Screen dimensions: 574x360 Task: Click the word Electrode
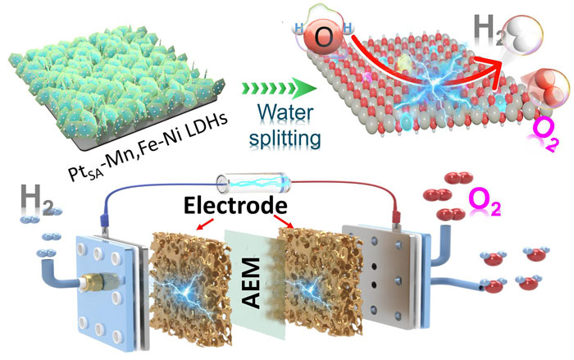235,206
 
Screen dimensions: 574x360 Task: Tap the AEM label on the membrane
252,283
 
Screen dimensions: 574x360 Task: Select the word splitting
285,139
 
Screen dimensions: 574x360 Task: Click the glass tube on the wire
253,184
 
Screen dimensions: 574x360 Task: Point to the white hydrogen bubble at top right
522,35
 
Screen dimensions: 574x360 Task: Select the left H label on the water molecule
298,28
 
